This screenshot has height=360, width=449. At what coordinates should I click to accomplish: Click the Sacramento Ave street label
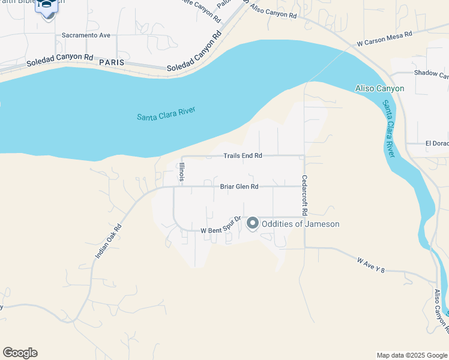86,35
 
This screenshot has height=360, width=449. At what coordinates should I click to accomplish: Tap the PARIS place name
112,62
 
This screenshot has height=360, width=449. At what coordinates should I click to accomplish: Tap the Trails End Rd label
243,156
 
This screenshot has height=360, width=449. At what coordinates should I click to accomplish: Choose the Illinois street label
181,172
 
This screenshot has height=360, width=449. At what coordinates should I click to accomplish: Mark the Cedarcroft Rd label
305,195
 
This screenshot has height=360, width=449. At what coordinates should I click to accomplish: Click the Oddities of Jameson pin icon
253,223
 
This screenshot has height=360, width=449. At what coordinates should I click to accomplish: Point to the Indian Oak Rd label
109,242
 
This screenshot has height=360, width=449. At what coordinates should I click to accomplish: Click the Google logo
20,353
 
